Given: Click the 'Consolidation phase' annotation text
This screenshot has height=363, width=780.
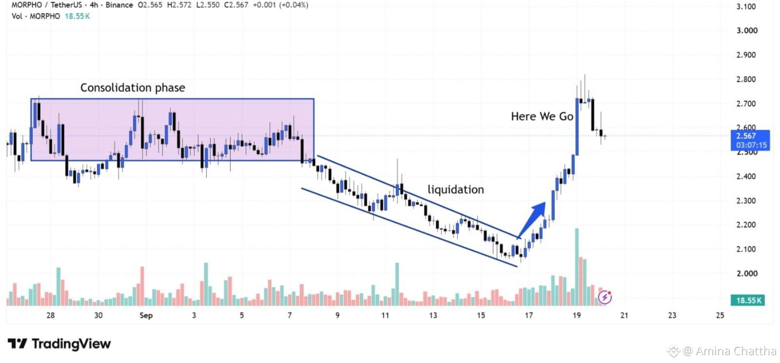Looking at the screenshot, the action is pos(133,88).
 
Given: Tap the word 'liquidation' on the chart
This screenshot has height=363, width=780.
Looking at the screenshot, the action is pos(456,189).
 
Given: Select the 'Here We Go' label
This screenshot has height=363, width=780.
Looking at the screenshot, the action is pos(542,116).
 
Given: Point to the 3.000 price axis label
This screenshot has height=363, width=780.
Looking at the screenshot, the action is pos(747,31).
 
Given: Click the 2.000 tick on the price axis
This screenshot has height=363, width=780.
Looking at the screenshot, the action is pos(747,273).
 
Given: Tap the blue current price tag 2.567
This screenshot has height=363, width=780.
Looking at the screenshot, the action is pos(750,141).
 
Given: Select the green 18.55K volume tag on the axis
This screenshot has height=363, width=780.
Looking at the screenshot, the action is pos(748,300).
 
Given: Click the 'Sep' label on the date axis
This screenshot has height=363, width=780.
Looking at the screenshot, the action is pos(146,315).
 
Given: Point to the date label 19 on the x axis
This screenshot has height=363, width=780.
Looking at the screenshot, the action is pos(577,315).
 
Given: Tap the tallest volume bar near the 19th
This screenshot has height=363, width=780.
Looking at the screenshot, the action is pos(577,267).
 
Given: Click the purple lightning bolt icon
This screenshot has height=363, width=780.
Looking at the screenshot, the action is pos(605,297).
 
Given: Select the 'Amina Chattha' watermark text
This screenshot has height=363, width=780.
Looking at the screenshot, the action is pos(736,351).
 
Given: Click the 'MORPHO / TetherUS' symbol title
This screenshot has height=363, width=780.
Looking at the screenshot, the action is pos(47,5).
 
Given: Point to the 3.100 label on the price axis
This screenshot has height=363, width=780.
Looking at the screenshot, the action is pos(746,7).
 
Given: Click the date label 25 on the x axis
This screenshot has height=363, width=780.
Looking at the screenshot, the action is pos(720,315).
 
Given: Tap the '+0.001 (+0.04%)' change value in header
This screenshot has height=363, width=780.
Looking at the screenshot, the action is pos(280,5).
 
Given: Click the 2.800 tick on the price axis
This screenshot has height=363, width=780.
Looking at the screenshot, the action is pos(746,80).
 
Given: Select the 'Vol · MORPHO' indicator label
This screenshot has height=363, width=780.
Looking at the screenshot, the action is pos(36,17).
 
